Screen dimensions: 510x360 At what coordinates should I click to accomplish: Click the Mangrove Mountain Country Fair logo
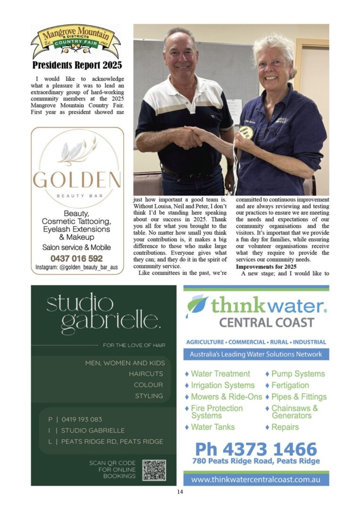pyautogui.click(x=76, y=42)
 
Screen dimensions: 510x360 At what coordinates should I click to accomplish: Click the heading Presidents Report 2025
pyautogui.click(x=77, y=65)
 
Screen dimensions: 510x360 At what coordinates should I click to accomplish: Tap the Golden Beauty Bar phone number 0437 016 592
pyautogui.click(x=76, y=258)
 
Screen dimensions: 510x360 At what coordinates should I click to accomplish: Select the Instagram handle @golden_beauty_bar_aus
pyautogui.click(x=77, y=268)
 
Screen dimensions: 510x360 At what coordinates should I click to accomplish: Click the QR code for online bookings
pyautogui.click(x=154, y=470)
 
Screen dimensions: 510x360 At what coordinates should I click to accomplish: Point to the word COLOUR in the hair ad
pyautogui.click(x=148, y=385)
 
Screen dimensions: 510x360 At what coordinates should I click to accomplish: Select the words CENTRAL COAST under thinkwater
pyautogui.click(x=267, y=323)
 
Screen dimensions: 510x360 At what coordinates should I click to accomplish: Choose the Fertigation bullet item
pyautogui.click(x=290, y=385)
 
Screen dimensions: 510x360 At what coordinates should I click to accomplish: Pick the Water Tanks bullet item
pyautogui.click(x=213, y=427)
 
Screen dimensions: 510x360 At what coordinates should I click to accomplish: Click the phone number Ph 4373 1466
pyautogui.click(x=256, y=449)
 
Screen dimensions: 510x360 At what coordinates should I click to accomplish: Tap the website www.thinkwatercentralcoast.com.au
pyautogui.click(x=256, y=479)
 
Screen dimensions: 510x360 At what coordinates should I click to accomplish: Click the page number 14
pyautogui.click(x=180, y=492)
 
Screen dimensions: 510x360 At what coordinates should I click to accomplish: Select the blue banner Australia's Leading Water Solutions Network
pyautogui.click(x=256, y=354)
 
